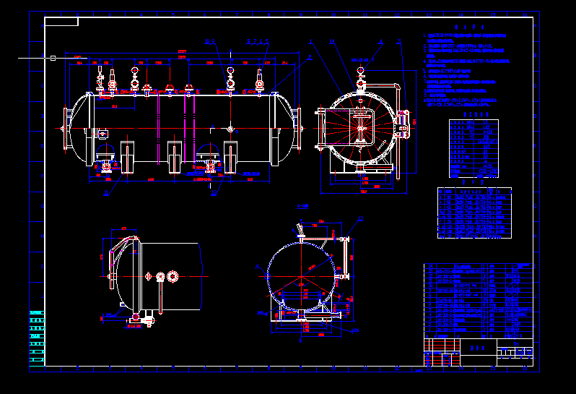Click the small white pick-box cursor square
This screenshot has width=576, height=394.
53,58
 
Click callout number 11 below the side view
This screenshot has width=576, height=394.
107,193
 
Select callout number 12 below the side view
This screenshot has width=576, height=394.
214,193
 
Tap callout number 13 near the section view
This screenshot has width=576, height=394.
361,218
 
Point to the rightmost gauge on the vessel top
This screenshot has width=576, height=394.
259,83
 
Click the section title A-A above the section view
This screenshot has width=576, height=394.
303,207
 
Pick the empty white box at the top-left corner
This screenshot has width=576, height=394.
61,22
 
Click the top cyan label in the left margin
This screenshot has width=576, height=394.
37,313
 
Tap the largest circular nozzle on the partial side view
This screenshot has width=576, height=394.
173,276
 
